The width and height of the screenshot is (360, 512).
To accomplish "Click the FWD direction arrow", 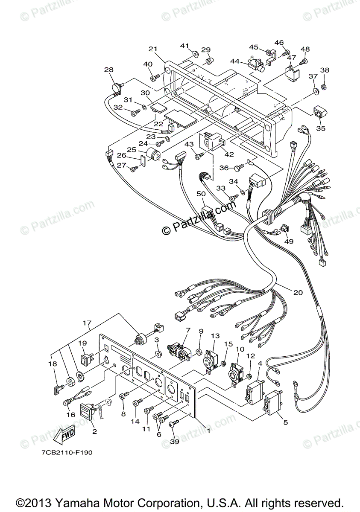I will click(64, 435).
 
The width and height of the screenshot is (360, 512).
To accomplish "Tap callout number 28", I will click(108, 69).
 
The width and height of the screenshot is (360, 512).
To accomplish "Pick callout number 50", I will click(201, 194).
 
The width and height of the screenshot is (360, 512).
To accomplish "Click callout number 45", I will click(254, 47).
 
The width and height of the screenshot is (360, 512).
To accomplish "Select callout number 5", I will click(285, 422).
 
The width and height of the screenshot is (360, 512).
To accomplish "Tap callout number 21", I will click(153, 49).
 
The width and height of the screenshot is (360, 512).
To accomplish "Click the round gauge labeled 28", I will click(116, 87).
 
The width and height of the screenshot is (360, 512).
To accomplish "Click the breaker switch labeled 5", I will click(272, 403).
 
